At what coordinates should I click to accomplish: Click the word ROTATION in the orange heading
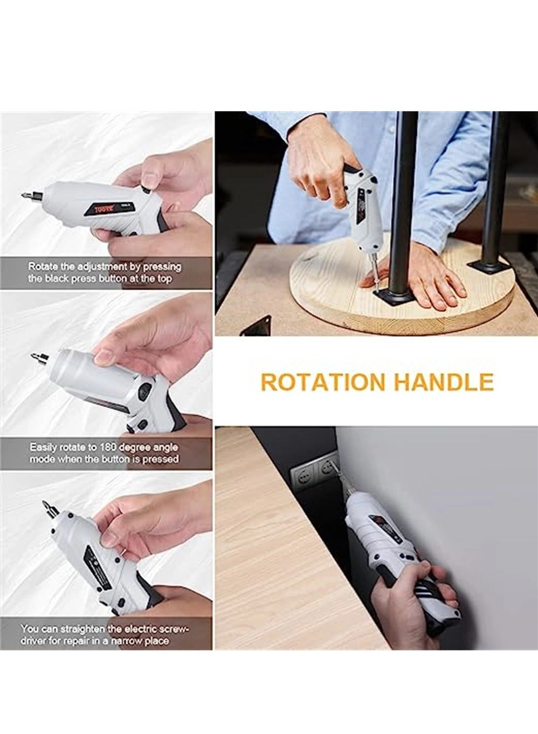(323, 382)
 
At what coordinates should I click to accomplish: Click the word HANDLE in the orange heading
(443, 382)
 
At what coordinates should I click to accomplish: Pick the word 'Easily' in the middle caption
(43, 448)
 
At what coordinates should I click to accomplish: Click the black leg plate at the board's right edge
(488, 265)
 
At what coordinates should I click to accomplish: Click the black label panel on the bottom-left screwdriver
(97, 566)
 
